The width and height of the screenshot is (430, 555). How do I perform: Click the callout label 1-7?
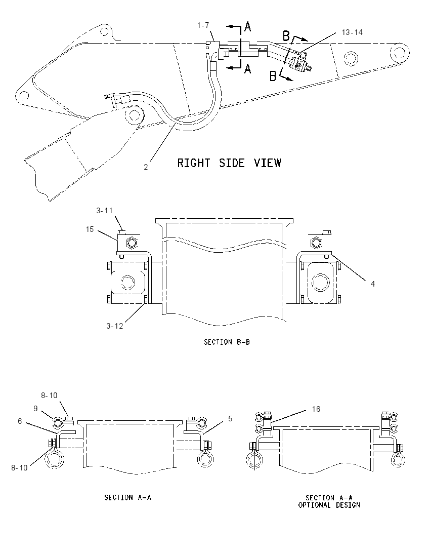[203, 25]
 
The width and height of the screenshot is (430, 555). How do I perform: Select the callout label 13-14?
[352, 32]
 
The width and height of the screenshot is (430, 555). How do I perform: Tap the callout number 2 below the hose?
[146, 167]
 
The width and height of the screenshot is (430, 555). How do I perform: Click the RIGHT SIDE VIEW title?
[229, 163]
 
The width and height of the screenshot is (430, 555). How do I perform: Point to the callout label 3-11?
[104, 211]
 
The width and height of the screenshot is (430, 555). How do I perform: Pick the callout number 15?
[90, 229]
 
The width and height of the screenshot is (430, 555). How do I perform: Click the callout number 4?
[372, 284]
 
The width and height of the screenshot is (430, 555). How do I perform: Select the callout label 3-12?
[114, 326]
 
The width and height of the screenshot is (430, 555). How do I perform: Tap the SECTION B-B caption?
[227, 342]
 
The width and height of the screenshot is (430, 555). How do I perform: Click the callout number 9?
[35, 409]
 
